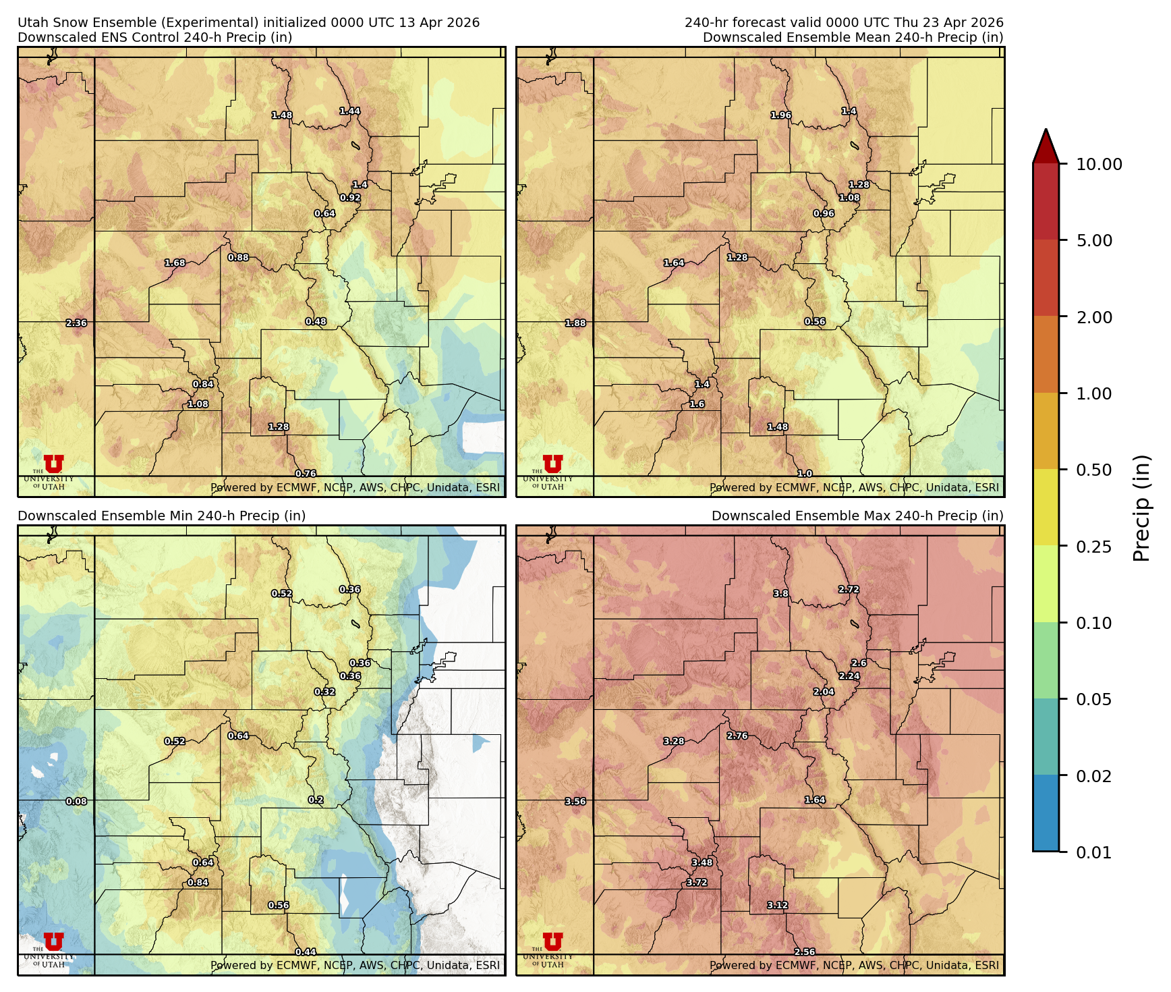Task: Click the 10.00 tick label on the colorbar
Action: [1098, 164]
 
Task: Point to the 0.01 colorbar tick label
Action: [1093, 852]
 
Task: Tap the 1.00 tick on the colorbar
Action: [1093, 393]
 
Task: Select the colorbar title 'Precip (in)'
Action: [1141, 508]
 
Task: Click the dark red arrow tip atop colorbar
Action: [1046, 143]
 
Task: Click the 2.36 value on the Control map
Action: [76, 323]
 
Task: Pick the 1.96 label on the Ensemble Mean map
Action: [781, 115]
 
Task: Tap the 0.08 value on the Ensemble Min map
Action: [76, 802]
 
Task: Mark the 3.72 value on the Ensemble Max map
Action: [697, 882]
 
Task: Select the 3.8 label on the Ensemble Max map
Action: [781, 594]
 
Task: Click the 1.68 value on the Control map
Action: [175, 263]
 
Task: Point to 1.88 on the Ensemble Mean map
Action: [575, 323]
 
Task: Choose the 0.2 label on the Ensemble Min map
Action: [316, 800]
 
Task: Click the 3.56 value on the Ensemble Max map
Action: [575, 802]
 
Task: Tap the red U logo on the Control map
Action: [53, 464]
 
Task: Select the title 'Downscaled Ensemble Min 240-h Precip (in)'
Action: [162, 516]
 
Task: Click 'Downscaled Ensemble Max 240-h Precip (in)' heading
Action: [857, 516]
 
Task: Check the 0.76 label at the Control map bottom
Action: [306, 474]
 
